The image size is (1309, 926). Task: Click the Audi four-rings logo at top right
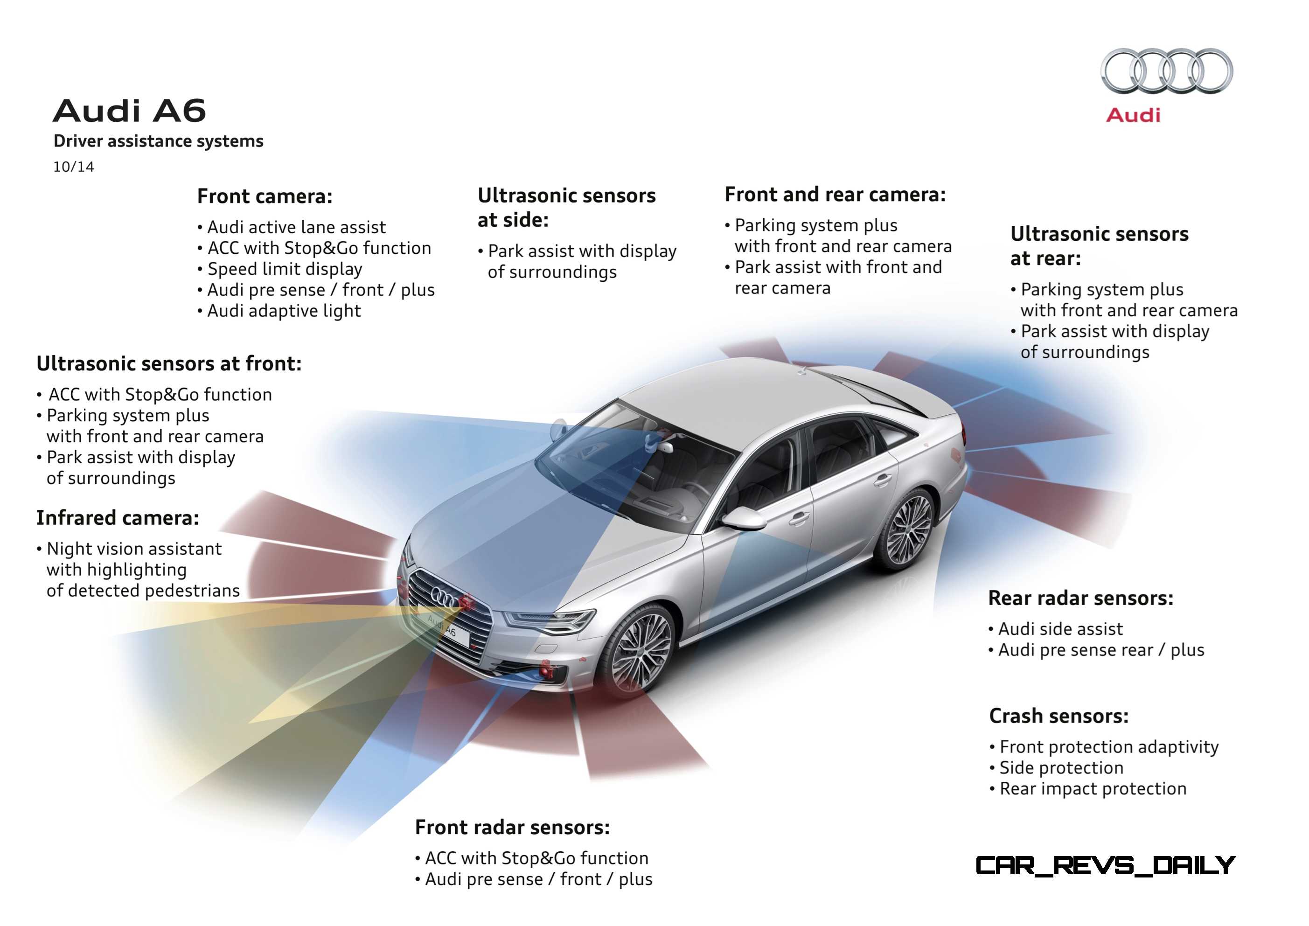click(1166, 71)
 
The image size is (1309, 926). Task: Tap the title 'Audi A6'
click(129, 111)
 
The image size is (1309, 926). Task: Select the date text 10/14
click(74, 167)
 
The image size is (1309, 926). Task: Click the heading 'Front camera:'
click(265, 196)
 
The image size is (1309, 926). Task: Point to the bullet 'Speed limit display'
click(279, 269)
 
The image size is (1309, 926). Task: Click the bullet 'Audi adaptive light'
click(279, 311)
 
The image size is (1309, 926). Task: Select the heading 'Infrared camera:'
click(118, 518)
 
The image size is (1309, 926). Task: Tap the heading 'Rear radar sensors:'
click(1081, 598)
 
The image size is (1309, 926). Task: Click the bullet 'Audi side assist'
click(1055, 629)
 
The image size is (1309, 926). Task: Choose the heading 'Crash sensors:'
click(1058, 716)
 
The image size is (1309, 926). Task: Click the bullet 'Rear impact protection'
click(1088, 789)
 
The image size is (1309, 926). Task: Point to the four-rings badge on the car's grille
click(444, 597)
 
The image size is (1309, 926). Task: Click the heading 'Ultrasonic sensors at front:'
click(169, 364)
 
